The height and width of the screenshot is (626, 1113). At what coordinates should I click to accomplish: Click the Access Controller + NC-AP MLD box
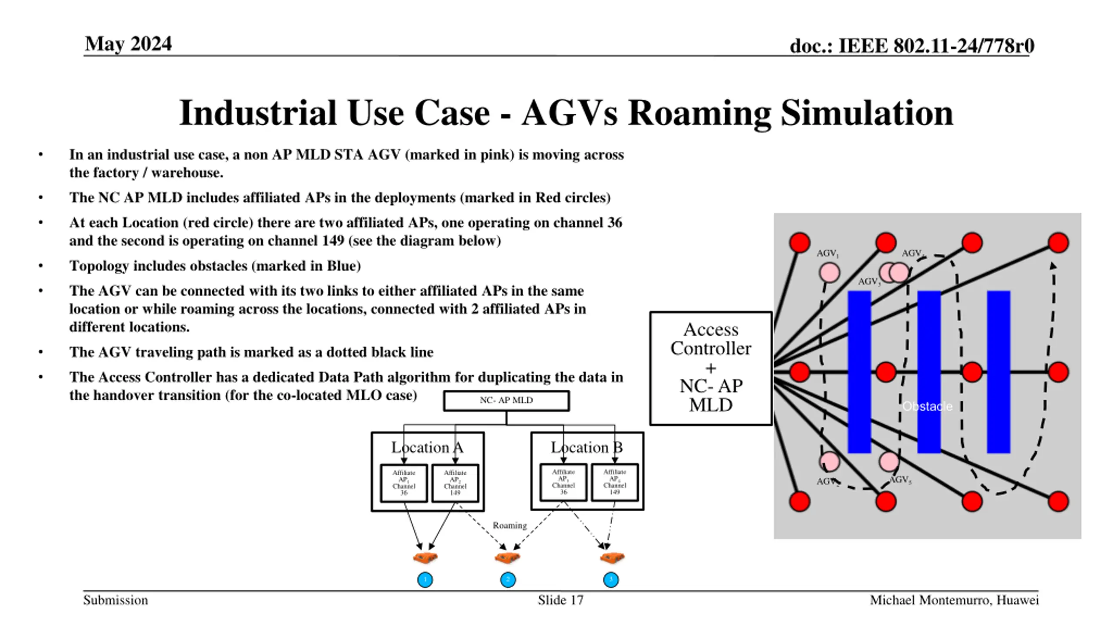(x=710, y=368)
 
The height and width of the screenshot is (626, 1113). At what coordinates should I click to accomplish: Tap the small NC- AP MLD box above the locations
(x=506, y=400)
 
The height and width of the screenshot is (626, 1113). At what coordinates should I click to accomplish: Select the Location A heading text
(x=427, y=447)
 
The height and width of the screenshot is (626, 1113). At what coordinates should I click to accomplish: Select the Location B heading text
(x=586, y=447)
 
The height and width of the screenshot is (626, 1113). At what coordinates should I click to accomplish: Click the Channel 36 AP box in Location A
(x=403, y=483)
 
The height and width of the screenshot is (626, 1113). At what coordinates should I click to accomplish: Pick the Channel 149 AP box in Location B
(x=614, y=482)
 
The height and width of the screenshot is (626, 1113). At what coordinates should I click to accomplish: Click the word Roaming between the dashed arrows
(x=510, y=525)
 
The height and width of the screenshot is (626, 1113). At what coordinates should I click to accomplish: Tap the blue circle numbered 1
(x=425, y=580)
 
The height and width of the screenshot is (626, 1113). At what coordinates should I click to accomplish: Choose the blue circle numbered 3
(x=611, y=580)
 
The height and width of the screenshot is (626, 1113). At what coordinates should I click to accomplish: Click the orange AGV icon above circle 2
(x=507, y=557)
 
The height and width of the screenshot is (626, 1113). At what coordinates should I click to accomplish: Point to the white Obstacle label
(x=927, y=406)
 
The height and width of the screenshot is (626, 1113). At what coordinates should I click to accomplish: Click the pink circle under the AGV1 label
(x=829, y=273)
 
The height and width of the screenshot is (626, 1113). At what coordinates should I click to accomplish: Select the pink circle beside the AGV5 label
(x=889, y=461)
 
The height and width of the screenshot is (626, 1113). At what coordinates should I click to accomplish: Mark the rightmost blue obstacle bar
(x=998, y=372)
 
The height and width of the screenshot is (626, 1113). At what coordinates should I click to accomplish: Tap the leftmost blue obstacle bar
(x=859, y=372)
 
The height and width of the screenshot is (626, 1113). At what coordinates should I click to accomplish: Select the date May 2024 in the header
(x=128, y=44)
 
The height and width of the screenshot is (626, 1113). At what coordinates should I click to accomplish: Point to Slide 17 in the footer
(x=560, y=600)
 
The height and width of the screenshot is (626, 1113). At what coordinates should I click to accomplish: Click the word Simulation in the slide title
(x=866, y=113)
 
